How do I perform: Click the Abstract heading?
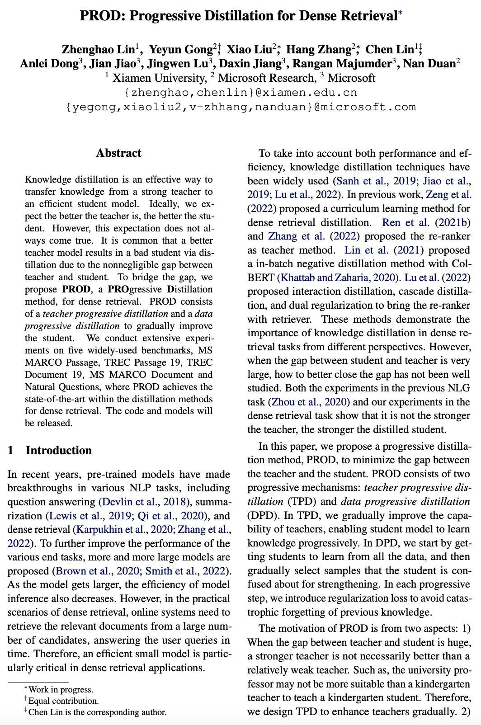[x=118, y=153]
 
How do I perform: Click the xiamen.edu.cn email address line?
[x=240, y=93]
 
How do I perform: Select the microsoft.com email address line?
[x=240, y=107]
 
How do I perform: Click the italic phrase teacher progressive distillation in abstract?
[x=105, y=314]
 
